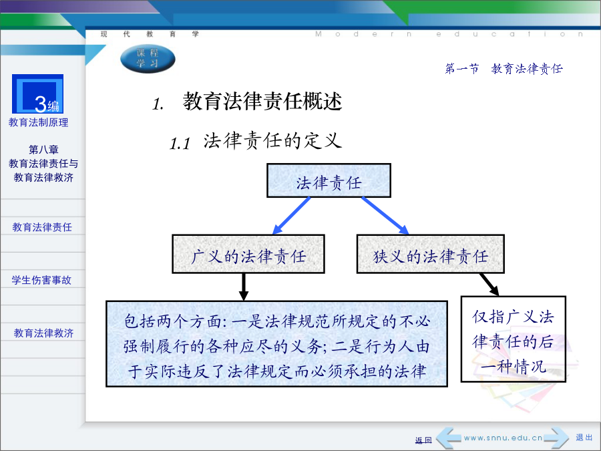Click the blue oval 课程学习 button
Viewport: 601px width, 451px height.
point(148,58)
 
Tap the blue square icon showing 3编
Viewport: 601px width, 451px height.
point(37,94)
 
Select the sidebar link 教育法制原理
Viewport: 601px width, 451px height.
point(38,122)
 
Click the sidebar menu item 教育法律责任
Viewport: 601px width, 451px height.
point(42,227)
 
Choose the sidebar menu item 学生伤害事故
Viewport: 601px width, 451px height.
point(41,280)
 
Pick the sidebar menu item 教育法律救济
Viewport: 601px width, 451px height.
point(43,333)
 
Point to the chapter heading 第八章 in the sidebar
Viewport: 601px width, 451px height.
point(43,150)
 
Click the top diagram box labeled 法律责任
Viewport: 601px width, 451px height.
point(329,180)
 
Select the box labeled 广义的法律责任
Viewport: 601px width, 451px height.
point(248,254)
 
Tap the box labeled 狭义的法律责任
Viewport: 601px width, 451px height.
point(431,254)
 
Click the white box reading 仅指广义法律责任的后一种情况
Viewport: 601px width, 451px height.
point(514,339)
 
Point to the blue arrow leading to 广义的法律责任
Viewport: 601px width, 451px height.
point(291,215)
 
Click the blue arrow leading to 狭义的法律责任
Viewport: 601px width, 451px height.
point(385,215)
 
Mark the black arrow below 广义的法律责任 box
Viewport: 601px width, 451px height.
point(243,287)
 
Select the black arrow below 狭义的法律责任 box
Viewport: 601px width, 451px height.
point(489,285)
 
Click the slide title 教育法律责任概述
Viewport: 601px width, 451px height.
point(262,102)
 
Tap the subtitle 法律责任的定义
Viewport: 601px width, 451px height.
point(272,140)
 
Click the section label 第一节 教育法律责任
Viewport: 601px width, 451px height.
point(504,69)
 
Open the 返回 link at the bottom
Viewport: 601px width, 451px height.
point(423,440)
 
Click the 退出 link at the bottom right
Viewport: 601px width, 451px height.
point(584,438)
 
